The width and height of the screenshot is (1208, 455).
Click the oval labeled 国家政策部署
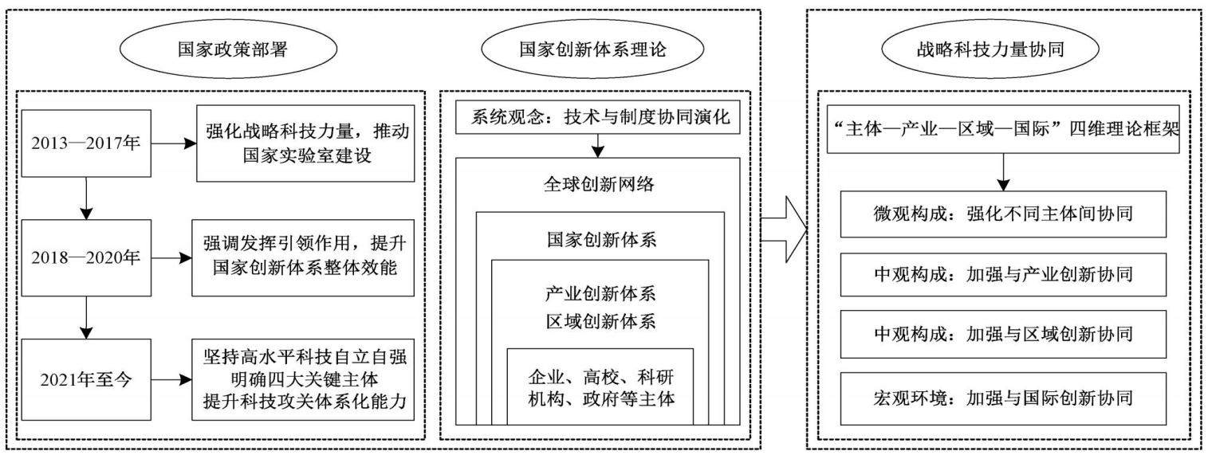pos(228,49)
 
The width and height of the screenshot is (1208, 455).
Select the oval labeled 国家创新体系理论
pos(592,49)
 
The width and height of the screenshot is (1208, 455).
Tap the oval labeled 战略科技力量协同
pos(990,49)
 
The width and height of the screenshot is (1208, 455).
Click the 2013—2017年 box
pos(86,143)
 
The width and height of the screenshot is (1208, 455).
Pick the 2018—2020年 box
pos(86,257)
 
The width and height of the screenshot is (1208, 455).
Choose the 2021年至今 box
pos(86,379)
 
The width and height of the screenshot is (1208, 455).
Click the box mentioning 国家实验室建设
pos(305,143)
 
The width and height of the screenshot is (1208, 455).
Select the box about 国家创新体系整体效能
pos(303,257)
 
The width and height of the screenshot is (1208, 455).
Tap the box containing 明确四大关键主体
pos(303,379)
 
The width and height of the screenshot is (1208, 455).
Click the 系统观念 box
pos(597,117)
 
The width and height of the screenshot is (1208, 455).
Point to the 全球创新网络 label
pos(599,184)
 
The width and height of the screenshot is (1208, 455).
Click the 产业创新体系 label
pos(600,294)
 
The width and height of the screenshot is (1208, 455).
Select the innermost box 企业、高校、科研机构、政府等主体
pos(600,386)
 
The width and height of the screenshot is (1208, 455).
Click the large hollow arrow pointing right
pos(784,229)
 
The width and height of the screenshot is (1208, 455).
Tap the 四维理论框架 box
pos(1003,129)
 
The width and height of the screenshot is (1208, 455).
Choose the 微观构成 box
pos(1003,214)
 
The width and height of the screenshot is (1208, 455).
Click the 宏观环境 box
pos(1003,398)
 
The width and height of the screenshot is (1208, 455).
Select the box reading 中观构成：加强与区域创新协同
pos(1003,334)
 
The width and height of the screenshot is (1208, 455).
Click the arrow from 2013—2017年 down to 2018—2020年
pos(86,198)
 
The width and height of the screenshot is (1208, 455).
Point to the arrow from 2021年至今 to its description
pos(171,379)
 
